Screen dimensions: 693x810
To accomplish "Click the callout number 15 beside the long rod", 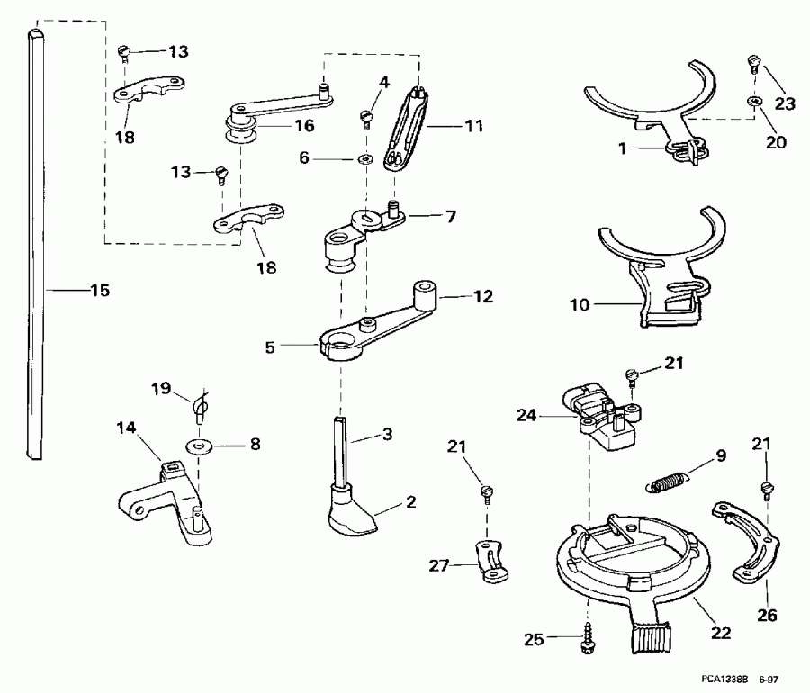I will click(99, 290).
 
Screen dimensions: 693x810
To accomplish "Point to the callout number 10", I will click(580, 304).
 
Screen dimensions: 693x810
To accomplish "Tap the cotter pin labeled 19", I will click(200, 405).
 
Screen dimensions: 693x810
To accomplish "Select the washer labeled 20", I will click(751, 104).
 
